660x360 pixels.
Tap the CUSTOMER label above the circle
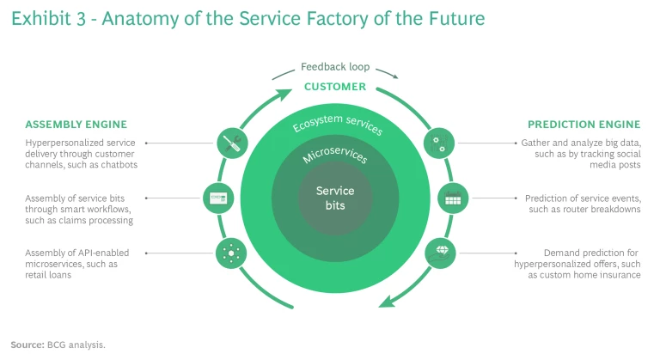[334, 86]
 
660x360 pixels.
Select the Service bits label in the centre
[334, 197]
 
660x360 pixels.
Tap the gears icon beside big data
[439, 143]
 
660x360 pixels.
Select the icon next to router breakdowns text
[452, 198]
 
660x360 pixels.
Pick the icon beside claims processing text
[216, 198]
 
